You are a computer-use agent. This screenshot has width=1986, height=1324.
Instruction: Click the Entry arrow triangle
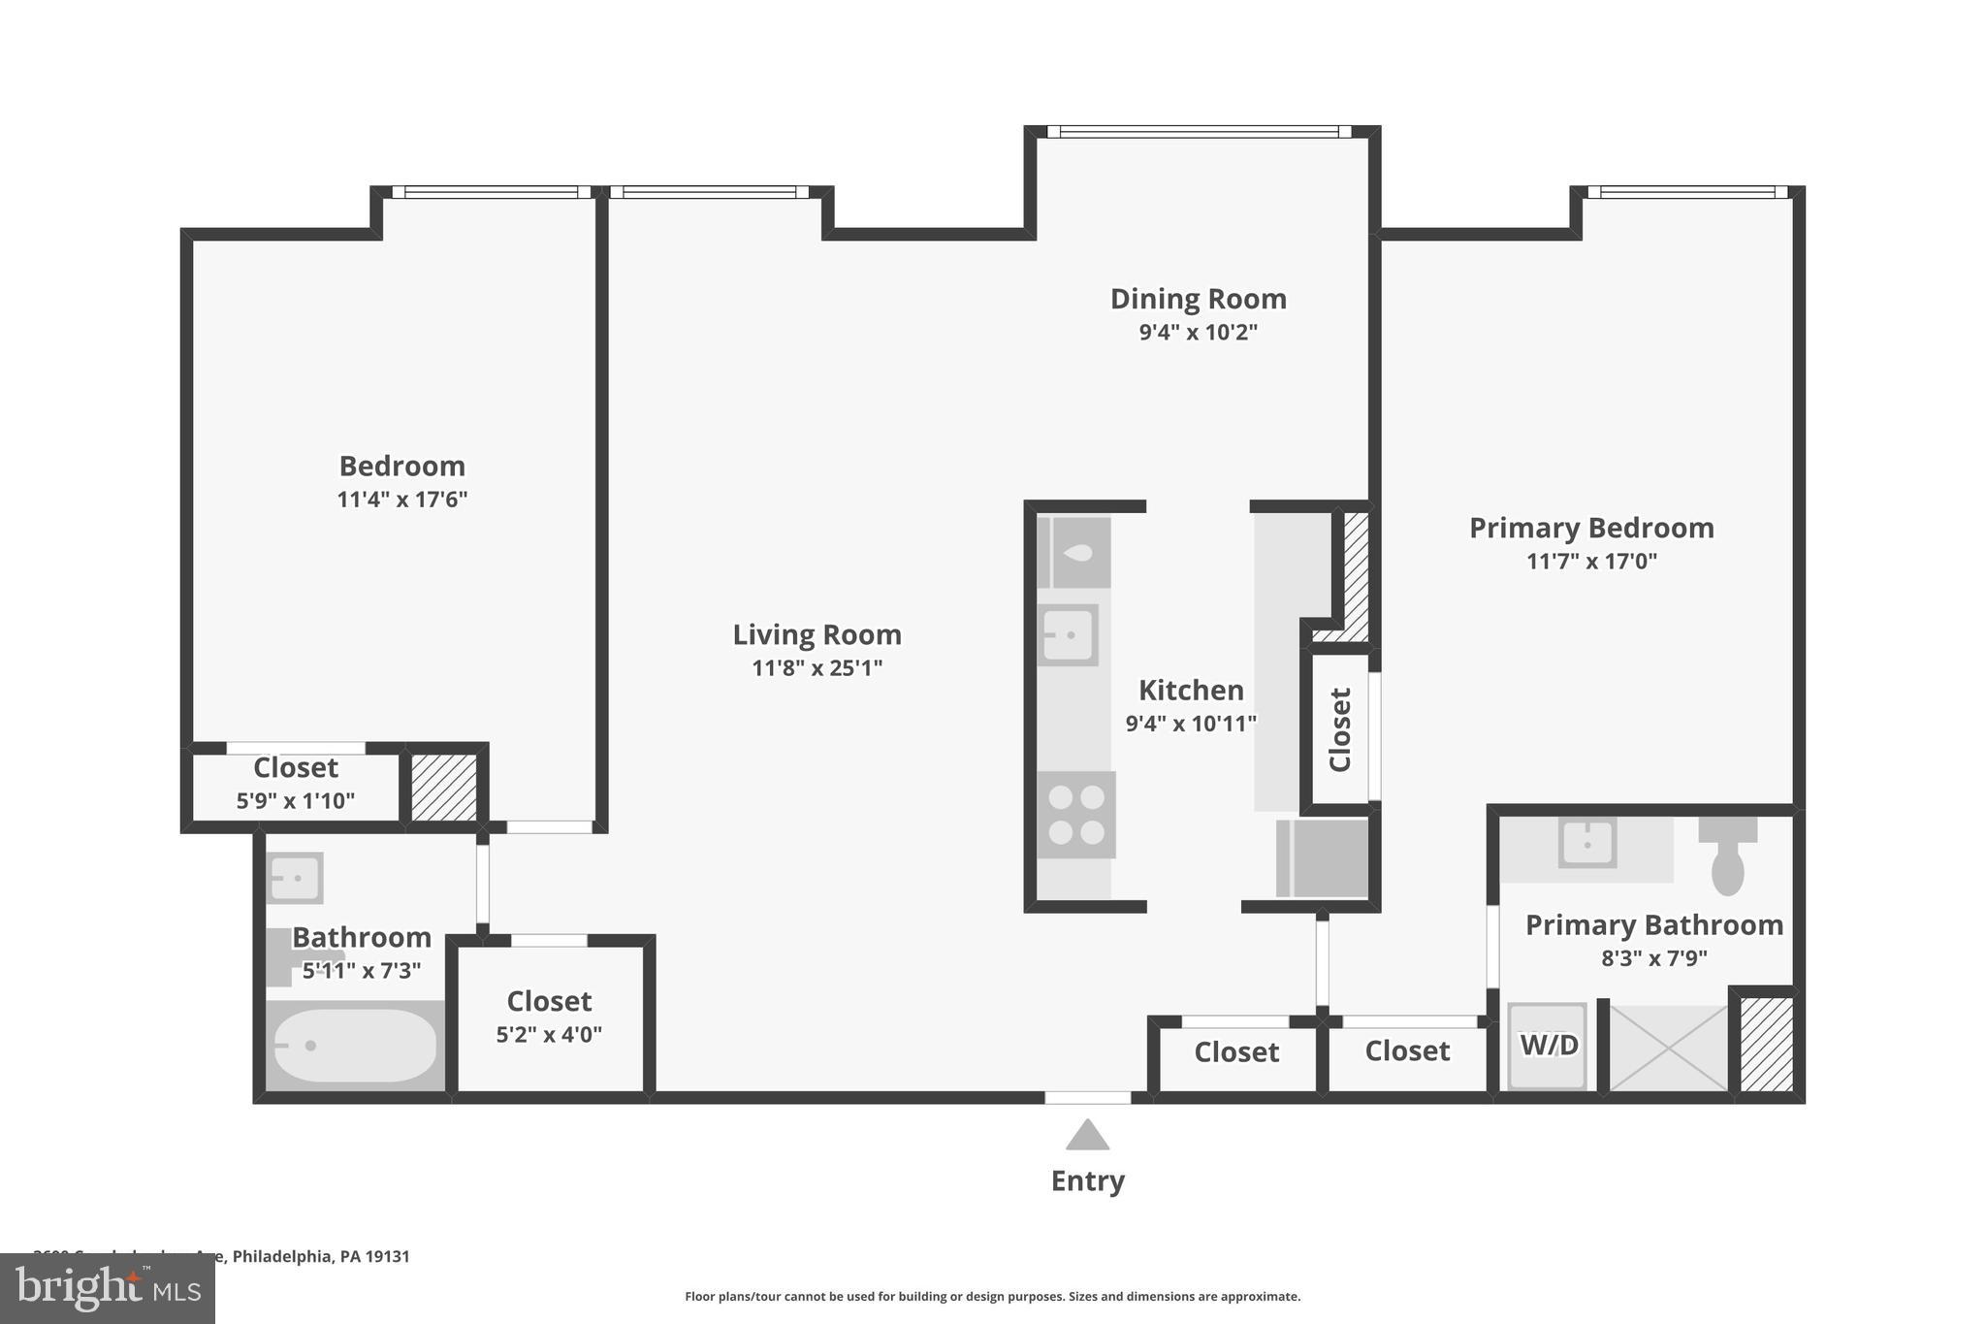coord(1087,1136)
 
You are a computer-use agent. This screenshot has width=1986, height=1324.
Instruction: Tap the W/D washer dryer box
coord(1548,1046)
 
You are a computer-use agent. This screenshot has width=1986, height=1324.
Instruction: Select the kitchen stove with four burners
coord(1076,815)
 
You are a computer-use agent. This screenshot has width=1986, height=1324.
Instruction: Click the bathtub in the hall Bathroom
coord(354,1046)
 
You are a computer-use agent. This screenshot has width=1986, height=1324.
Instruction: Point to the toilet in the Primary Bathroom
coord(1727,858)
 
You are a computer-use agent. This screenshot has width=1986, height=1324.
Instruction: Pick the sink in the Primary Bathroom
coord(1586,843)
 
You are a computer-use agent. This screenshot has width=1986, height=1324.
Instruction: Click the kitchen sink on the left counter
coord(1068,635)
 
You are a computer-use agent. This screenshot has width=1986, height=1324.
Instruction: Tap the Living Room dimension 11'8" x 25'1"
coord(817,668)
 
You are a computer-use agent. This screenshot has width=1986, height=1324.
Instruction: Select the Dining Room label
coord(1198,299)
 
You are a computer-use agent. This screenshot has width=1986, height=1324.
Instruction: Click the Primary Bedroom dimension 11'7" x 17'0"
coord(1591,562)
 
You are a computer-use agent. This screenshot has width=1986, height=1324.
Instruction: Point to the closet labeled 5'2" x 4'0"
coord(549,1017)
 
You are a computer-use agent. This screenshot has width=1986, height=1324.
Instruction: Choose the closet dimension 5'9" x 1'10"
coord(296,801)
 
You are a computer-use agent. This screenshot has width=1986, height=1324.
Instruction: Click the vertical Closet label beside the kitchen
coord(1340,729)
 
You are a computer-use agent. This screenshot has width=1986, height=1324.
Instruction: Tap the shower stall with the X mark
coord(1668,1048)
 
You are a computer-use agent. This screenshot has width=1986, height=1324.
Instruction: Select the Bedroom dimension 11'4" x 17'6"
coord(401,500)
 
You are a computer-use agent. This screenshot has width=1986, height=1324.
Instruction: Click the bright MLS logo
coord(108,1288)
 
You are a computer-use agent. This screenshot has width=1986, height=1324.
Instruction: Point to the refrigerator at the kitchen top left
coord(1074,553)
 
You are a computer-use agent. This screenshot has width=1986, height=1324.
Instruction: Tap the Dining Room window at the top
coord(1199,132)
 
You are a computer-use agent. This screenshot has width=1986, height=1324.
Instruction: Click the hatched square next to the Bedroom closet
coord(443,788)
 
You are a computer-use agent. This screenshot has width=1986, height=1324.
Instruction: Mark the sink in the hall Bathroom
coord(293,879)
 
